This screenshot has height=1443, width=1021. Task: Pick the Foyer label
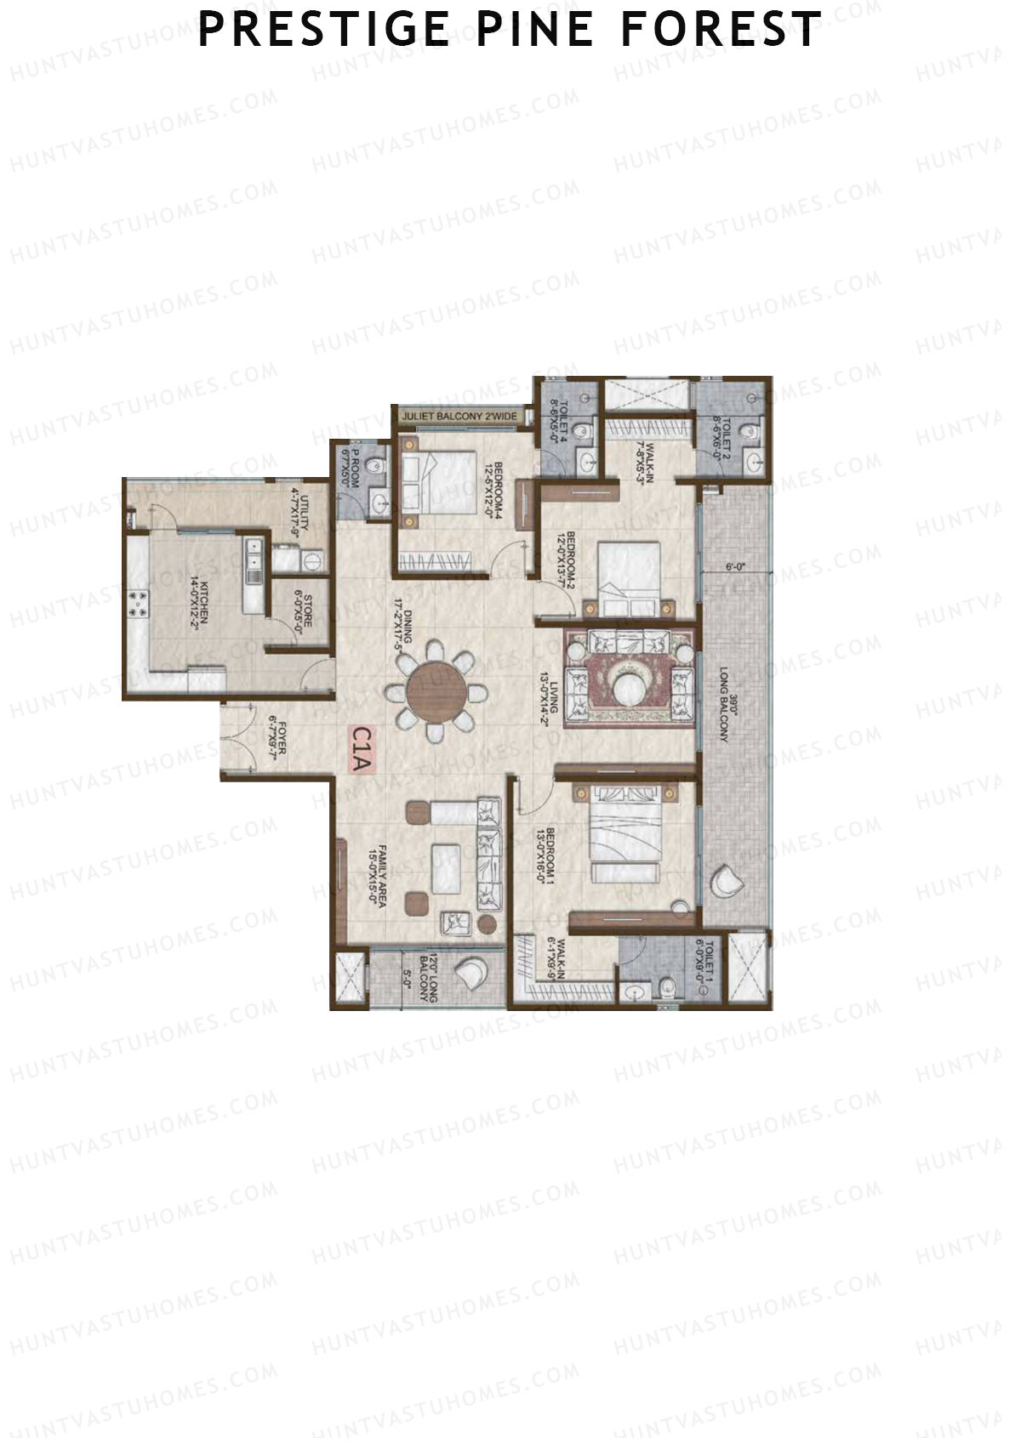pos(276,740)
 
